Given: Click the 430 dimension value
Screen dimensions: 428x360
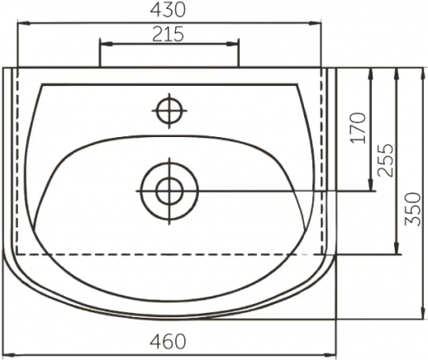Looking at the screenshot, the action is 168,10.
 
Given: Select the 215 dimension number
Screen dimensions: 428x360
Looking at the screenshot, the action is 168,34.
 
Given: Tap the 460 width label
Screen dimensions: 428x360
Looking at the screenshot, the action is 168,341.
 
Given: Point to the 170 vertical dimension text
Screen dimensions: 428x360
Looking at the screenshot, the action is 359,128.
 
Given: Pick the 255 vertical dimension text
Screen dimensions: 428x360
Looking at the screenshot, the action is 385,160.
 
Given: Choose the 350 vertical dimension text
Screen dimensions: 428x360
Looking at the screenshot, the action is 412,209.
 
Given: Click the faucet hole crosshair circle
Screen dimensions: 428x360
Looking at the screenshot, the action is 169,111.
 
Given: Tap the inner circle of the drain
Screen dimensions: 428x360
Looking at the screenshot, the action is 169,191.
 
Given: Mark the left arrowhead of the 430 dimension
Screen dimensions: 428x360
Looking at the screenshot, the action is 23,23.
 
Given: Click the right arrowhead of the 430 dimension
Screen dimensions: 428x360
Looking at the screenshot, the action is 315,23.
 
